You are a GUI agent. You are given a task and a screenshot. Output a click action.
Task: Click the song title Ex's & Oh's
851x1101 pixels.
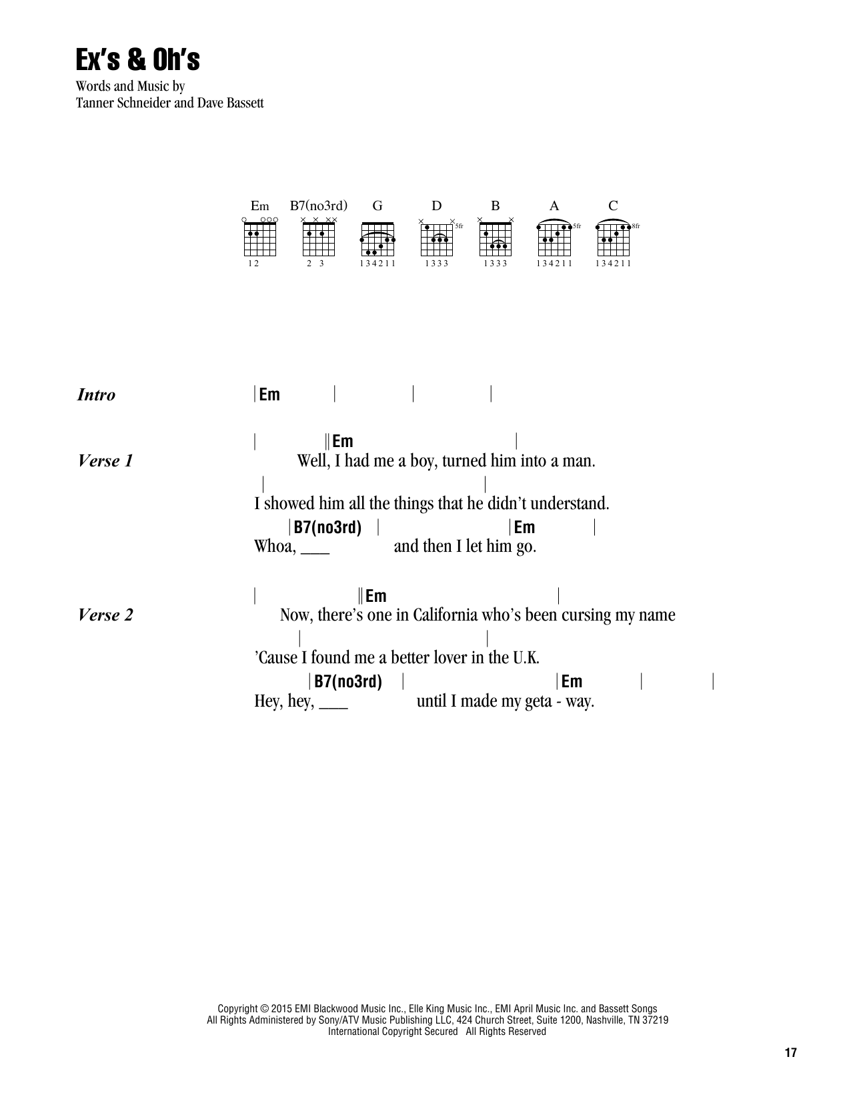[137, 60]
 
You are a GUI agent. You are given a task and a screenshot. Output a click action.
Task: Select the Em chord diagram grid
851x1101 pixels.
[260, 238]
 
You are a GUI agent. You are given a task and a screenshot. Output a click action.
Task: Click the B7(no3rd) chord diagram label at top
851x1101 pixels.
[318, 206]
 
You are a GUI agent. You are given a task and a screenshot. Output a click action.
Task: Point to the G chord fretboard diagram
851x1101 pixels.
[377, 238]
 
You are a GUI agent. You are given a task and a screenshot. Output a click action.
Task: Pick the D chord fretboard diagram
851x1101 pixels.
[437, 238]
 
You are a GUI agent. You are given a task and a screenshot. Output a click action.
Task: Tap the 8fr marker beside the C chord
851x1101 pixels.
[636, 226]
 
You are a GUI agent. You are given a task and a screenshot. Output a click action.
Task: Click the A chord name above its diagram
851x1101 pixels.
[554, 206]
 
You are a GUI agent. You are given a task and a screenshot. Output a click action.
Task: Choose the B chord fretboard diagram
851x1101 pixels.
[496, 238]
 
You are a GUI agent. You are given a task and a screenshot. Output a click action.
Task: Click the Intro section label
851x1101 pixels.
[96, 395]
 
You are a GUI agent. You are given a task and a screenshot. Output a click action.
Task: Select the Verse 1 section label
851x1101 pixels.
[105, 461]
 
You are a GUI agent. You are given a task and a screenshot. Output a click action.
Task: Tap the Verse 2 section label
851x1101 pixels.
[105, 615]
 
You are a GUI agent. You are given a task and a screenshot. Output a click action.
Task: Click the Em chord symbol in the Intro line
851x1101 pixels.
[269, 395]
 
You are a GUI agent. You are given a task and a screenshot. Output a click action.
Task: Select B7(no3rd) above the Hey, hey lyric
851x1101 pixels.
[348, 682]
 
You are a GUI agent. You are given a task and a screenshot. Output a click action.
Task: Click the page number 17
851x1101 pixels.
[790, 1054]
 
